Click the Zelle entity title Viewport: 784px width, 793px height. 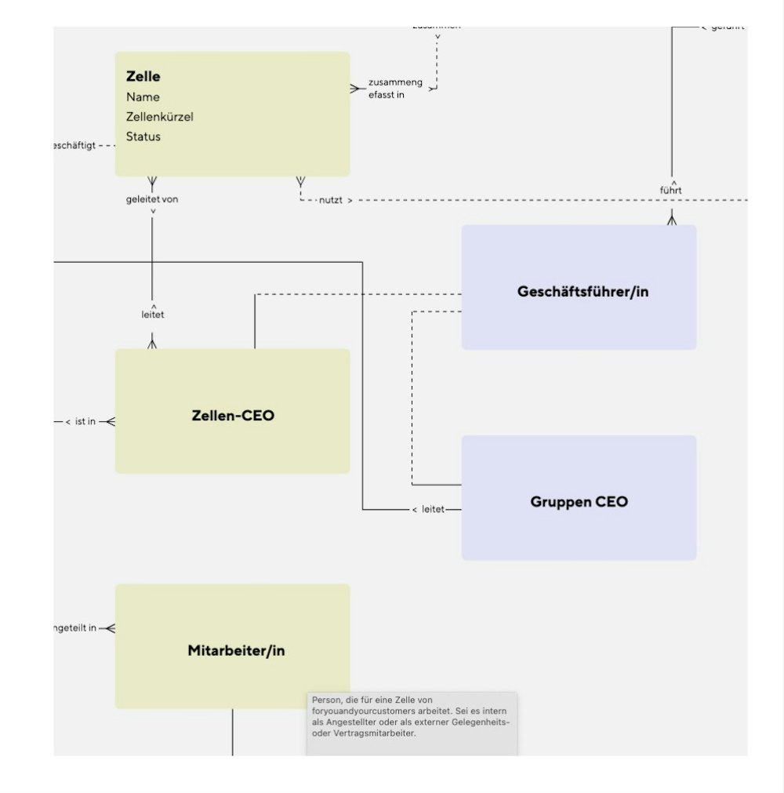[143, 77]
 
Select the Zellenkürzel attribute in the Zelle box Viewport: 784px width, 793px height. [159, 117]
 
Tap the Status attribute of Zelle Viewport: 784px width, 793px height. [143, 136]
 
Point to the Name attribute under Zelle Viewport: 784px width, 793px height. [143, 97]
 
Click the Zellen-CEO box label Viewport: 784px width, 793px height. [233, 416]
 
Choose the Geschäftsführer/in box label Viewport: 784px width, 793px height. [583, 292]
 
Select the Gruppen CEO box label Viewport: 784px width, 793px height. [579, 502]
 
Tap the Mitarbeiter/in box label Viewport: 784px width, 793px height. [236, 651]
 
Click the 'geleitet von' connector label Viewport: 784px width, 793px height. [152, 199]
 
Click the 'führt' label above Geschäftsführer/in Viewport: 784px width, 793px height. [670, 190]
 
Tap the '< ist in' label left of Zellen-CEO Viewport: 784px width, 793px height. [80, 422]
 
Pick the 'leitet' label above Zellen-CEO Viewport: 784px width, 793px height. [153, 315]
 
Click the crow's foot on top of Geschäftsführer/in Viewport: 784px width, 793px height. [671, 220]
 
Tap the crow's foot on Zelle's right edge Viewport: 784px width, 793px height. [357, 89]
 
